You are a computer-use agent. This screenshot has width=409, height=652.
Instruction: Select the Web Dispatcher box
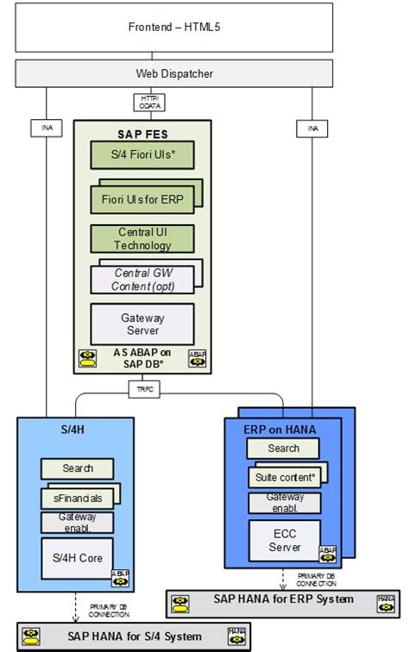[x=175, y=74]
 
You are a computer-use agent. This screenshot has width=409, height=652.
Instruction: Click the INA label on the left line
[x=47, y=129]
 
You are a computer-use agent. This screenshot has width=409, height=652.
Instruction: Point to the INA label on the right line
[x=312, y=129]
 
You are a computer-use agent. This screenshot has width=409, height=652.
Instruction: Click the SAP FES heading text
[x=142, y=134]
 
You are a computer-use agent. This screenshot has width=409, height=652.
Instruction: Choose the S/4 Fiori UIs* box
[x=142, y=155]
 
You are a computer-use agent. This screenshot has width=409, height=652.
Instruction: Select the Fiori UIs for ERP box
[x=142, y=199]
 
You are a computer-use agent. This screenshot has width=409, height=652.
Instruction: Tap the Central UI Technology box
[x=142, y=239]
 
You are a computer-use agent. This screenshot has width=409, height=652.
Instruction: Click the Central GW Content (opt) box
[x=142, y=279]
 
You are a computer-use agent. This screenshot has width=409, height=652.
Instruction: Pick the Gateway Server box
[x=142, y=324]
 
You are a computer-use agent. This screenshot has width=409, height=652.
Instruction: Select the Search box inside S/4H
[x=78, y=468]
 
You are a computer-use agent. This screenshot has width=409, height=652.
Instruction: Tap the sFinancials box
[x=78, y=498]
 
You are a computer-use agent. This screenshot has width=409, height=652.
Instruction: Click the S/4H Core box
[x=78, y=558]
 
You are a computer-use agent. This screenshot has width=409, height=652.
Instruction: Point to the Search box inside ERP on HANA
[x=283, y=448]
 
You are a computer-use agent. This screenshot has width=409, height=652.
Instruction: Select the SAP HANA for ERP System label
[x=285, y=599]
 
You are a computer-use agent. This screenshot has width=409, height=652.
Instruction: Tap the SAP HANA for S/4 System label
[x=137, y=636]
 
